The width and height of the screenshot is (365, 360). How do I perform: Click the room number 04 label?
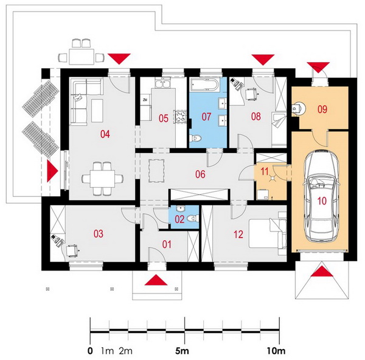(x=105, y=134)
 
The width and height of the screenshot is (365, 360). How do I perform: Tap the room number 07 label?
(x=206, y=116)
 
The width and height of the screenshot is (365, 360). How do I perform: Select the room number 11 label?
(x=265, y=171)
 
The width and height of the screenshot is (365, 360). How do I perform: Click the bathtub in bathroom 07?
(x=205, y=85)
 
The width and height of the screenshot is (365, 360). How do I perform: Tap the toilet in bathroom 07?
(x=195, y=138)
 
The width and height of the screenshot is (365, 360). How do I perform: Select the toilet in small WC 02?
(x=192, y=218)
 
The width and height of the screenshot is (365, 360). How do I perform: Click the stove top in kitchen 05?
(x=180, y=116)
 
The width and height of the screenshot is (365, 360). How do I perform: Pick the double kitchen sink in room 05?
(x=163, y=83)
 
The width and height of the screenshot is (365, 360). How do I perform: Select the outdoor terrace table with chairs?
(x=82, y=53)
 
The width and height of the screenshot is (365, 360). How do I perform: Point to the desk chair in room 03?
(x=72, y=250)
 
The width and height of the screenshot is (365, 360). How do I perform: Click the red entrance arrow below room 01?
(x=156, y=280)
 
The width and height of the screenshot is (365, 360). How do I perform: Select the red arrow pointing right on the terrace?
(x=52, y=171)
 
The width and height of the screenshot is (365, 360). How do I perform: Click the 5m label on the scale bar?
(x=182, y=351)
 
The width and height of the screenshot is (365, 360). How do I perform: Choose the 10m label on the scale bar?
(x=276, y=351)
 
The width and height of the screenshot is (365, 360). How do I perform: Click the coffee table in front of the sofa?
(x=97, y=110)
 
